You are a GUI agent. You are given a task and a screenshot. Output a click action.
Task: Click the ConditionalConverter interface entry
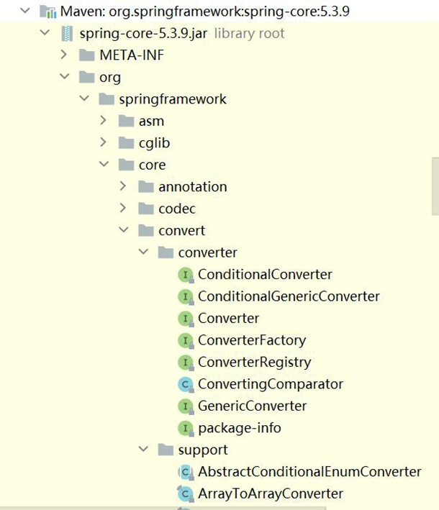(x=265, y=274)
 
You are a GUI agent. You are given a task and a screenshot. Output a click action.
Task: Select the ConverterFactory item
(x=252, y=340)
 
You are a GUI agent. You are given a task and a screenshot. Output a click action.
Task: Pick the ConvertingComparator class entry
(x=271, y=384)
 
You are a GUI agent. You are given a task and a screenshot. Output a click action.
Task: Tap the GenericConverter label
(x=252, y=406)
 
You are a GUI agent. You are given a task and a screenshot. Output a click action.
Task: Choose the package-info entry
(x=240, y=428)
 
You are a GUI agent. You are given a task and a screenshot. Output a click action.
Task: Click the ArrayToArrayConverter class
(x=271, y=493)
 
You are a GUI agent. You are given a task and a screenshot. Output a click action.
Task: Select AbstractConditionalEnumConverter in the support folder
(x=309, y=472)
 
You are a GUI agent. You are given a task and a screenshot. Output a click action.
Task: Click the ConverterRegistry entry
(x=254, y=362)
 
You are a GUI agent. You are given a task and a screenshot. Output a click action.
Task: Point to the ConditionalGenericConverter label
(x=289, y=296)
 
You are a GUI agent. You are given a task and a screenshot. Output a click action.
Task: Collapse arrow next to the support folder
(x=143, y=450)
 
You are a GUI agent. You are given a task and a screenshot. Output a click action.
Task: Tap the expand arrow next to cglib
(x=104, y=142)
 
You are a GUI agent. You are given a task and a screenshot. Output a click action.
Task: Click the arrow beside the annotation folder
(x=123, y=186)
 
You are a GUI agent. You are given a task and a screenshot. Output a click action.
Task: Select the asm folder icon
(x=126, y=121)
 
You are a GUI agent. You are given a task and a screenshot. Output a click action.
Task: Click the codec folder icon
(x=146, y=209)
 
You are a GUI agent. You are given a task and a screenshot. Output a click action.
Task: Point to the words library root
(x=249, y=33)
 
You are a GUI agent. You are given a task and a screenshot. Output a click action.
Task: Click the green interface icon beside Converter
(x=186, y=318)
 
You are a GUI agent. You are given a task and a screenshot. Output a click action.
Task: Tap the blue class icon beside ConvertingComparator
(x=186, y=384)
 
